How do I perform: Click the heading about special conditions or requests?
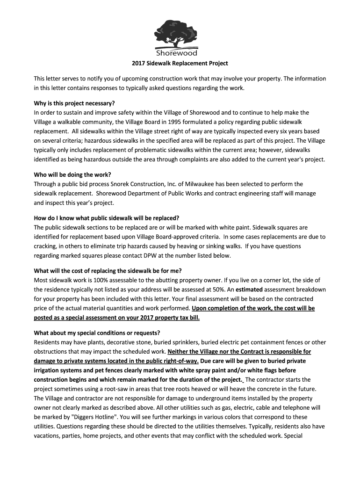click(97, 333)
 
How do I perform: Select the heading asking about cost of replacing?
click(108, 271)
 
